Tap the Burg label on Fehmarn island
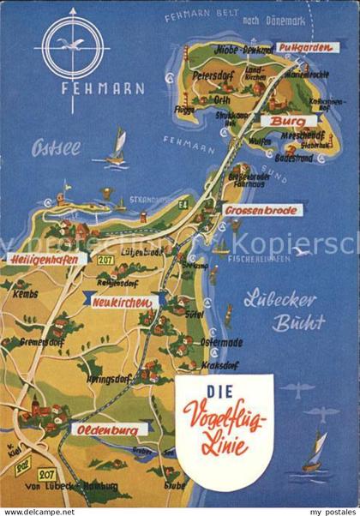click(x=281, y=122)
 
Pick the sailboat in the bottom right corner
click(x=315, y=450)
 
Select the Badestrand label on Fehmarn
click(x=309, y=159)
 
